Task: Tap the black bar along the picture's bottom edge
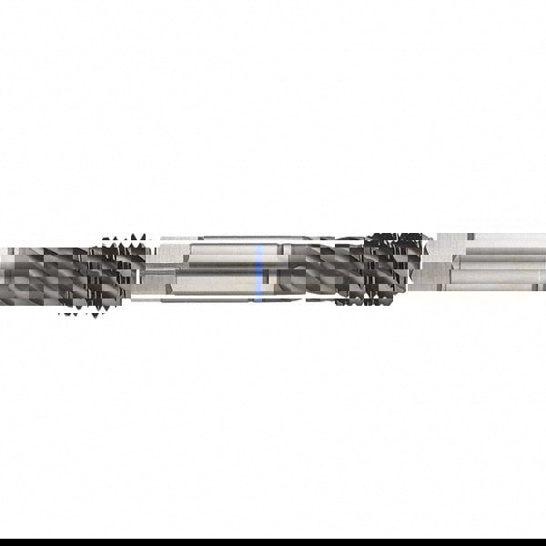[273, 542]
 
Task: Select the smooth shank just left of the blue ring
[214, 271]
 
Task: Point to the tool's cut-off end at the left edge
[3, 273]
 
